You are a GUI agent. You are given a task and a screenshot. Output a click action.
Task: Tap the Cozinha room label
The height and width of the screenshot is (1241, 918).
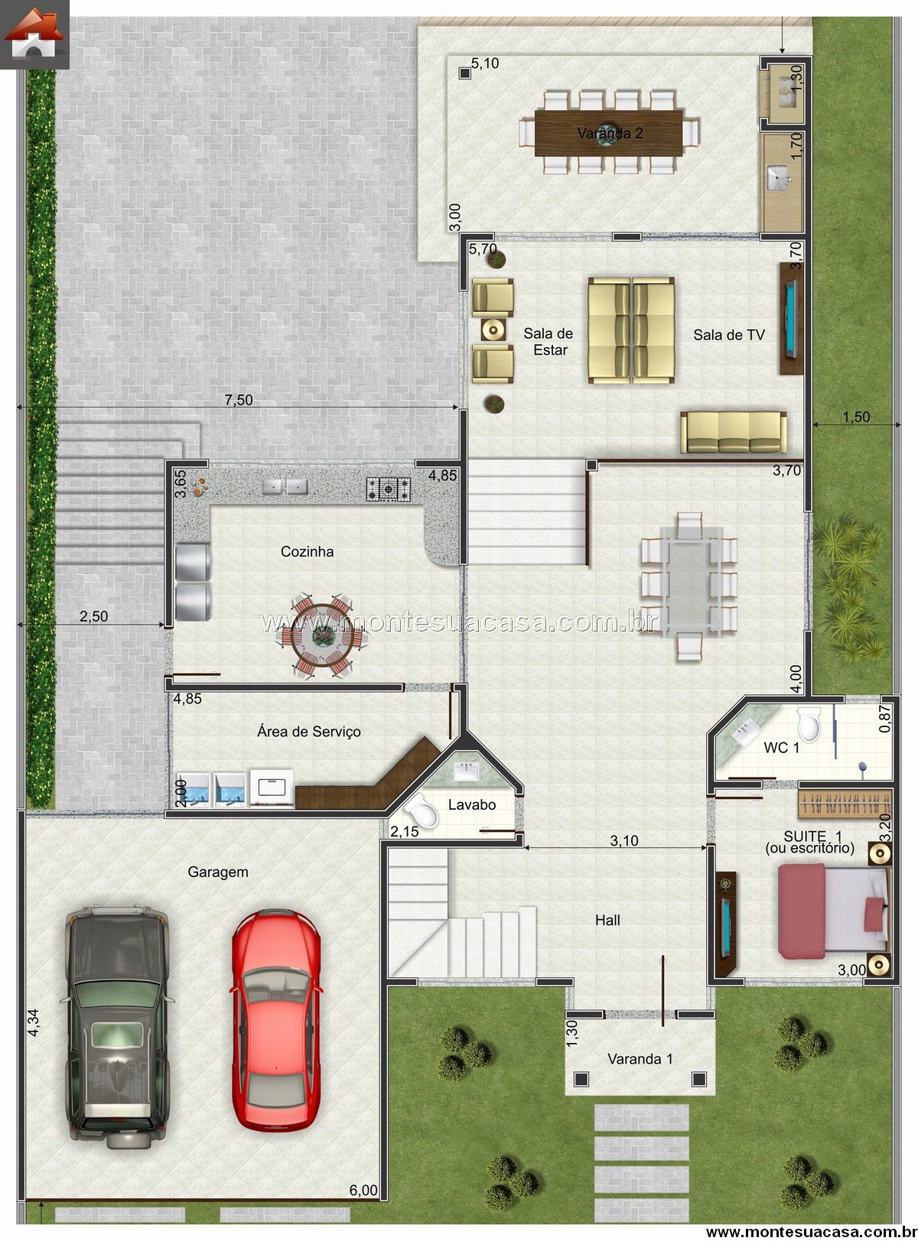307,551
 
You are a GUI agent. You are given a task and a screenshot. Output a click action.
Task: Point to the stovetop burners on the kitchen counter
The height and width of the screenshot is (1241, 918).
389,489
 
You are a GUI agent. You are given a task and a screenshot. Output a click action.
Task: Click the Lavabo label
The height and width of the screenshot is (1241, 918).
472,804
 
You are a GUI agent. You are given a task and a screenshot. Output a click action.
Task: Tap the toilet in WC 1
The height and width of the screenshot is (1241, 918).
809,724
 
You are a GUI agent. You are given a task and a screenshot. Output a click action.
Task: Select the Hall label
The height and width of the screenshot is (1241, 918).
607,921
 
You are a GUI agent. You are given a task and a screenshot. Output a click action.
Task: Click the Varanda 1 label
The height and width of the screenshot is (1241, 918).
640,1058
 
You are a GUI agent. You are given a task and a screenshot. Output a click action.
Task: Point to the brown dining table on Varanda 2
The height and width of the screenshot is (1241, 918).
608,133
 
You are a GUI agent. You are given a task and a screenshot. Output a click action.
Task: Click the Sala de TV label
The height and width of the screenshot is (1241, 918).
729,335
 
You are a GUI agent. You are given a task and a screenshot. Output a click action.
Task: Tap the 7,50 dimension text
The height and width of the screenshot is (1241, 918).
239,399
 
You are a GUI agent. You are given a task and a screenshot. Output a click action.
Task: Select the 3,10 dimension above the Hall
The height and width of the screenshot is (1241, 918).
623,840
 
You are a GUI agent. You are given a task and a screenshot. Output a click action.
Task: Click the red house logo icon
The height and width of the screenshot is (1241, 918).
34,34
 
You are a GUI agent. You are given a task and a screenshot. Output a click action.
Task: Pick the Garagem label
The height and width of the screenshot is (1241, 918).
218,872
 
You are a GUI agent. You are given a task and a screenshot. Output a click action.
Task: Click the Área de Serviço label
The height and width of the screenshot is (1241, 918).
308,731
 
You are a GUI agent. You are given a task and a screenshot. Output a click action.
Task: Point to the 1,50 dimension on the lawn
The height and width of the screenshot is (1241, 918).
856,417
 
